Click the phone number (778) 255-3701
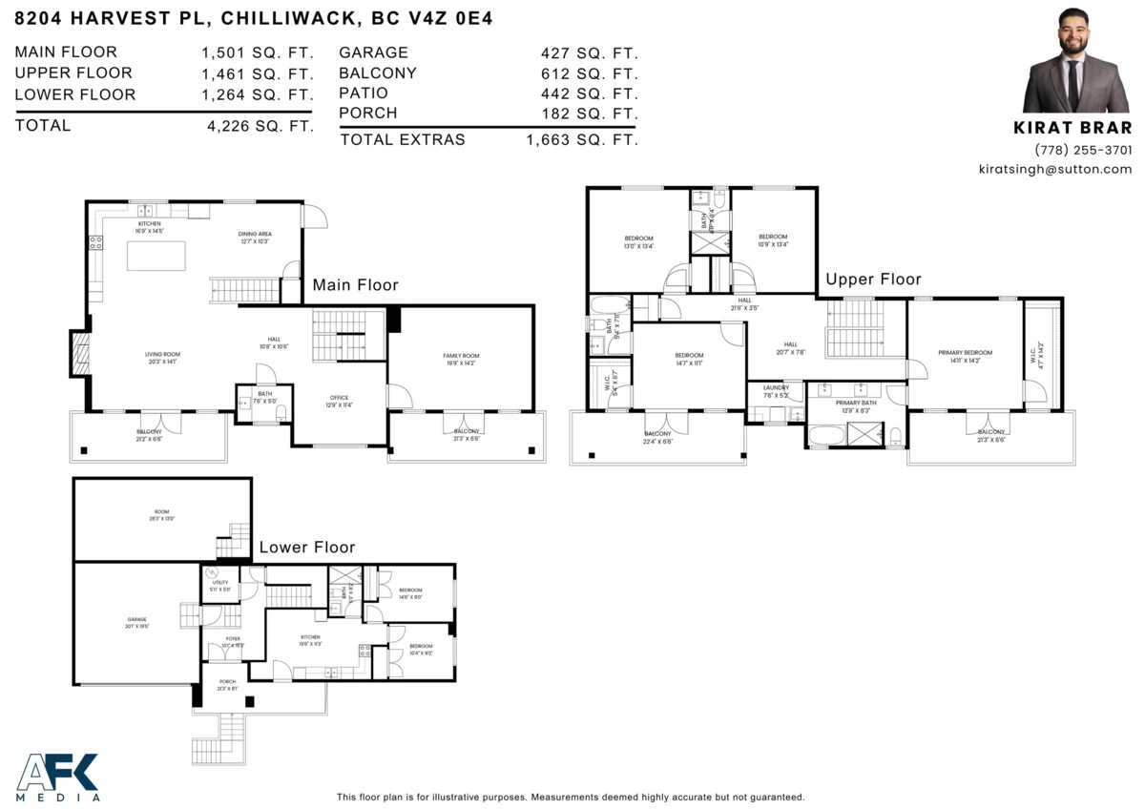click(x=1083, y=150)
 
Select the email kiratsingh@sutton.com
click(x=1054, y=169)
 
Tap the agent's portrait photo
click(x=1076, y=61)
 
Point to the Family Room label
click(x=461, y=356)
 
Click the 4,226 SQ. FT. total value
click(x=260, y=126)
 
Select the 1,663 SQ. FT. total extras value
click(x=581, y=140)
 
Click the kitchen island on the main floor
click(x=155, y=257)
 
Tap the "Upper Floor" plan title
click(x=873, y=280)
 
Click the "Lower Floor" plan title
click(x=307, y=548)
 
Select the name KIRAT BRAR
click(x=1072, y=128)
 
